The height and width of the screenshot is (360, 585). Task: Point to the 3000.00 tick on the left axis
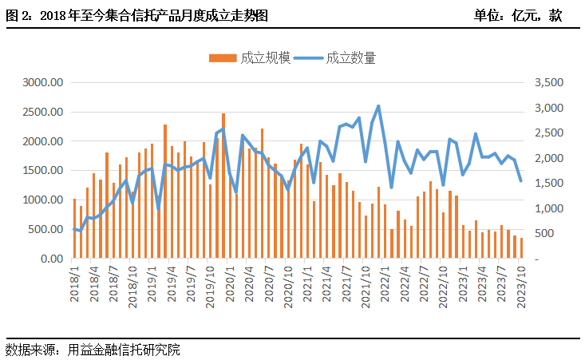click(x=43, y=82)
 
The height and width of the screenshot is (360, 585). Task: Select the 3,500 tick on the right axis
click(x=549, y=82)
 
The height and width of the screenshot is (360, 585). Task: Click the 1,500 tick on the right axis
click(x=549, y=184)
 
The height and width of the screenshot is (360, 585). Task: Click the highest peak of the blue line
click(x=378, y=105)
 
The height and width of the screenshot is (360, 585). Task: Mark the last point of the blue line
click(x=521, y=180)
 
